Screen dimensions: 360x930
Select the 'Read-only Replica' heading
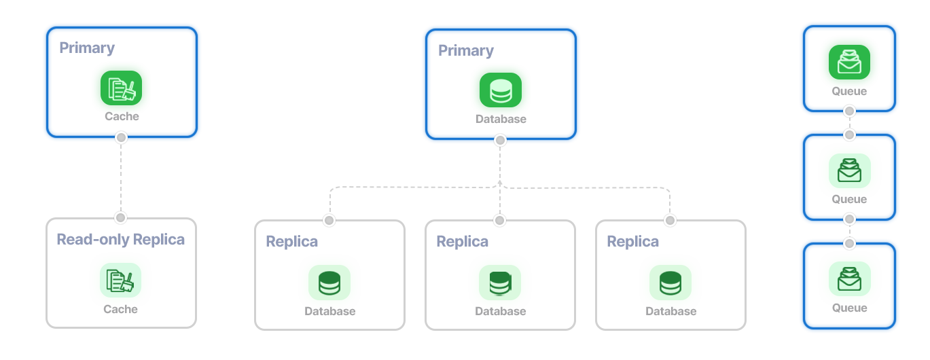120,240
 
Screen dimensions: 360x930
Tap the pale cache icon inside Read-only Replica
121,280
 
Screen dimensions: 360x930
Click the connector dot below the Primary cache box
121,138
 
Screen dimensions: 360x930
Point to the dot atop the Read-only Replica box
120,217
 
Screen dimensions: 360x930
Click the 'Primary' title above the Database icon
465,51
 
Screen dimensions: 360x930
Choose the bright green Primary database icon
500,90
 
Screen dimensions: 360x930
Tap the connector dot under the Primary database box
500,141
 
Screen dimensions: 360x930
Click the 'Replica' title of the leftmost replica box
291,242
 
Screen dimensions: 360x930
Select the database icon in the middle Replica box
500,283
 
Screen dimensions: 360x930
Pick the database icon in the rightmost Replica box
670,283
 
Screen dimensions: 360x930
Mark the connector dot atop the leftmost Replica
329,220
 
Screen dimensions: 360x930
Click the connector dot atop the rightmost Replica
670,220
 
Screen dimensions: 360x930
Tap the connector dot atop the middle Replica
500,220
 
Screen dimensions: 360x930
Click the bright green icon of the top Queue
849,62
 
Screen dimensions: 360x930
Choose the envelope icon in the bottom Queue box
849,278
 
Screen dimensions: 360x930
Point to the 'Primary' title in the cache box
87,48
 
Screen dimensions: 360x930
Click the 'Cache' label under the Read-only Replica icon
121,310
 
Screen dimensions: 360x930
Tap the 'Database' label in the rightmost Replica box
670,312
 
